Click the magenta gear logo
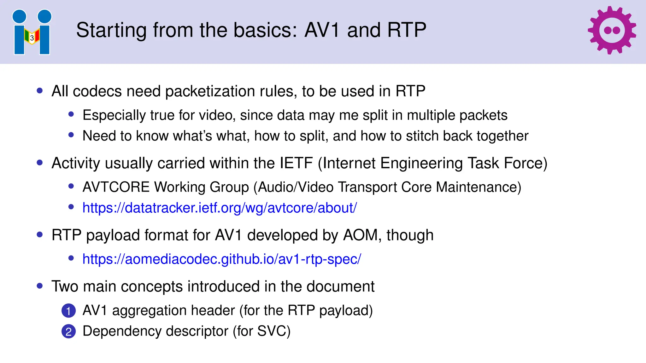pos(612,30)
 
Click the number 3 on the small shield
pos(32,38)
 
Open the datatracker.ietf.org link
pos(220,208)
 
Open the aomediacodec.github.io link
pos(221,259)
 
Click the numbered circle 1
pos(68,311)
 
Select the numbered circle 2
pos(68,331)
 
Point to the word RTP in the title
pos(407,30)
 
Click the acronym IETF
pos(296,163)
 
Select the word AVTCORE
pos(116,187)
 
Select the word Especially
pos(114,115)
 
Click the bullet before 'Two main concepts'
pos(40,286)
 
